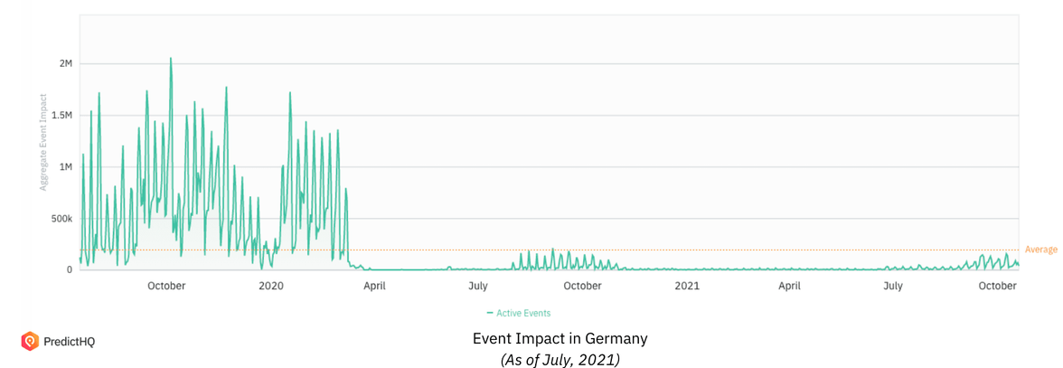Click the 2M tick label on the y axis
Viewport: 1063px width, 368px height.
[x=65, y=64]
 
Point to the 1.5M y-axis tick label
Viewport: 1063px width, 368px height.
[x=61, y=116]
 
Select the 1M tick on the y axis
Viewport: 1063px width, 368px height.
[x=65, y=167]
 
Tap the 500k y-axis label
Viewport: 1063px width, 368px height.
[x=61, y=219]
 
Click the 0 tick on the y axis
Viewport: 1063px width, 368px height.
[x=69, y=270]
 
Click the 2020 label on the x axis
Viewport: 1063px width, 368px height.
[x=271, y=286]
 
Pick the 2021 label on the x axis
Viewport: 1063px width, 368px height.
[x=687, y=286]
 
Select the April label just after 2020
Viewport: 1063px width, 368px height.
[x=374, y=286]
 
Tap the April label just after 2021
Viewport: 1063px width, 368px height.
[x=790, y=286]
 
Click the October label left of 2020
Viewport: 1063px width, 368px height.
[x=166, y=286]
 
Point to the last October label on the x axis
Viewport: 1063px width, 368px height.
[x=998, y=286]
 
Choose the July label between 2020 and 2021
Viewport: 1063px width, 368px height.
[x=478, y=286]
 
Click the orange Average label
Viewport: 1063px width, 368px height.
[x=1040, y=250]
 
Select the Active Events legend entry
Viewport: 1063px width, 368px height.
[x=519, y=313]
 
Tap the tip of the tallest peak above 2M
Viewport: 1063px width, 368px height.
[x=171, y=59]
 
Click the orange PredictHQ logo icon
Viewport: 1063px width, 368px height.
[x=29, y=341]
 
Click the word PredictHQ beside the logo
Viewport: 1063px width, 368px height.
[x=70, y=342]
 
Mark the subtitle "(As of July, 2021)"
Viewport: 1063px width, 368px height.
[x=560, y=359]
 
